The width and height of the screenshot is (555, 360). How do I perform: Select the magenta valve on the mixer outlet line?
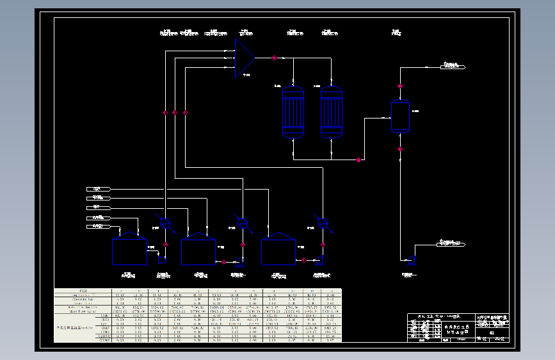coord(274,58)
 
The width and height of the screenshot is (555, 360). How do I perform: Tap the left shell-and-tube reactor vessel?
coord(293,112)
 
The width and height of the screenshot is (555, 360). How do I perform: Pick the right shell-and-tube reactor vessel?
coord(332,112)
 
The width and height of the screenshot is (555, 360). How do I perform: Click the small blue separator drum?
coord(400,116)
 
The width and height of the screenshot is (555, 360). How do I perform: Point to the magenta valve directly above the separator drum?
coord(400,86)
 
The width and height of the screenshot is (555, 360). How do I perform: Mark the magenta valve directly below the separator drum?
coord(400,149)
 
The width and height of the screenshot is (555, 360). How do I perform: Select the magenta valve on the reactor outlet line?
coord(358,160)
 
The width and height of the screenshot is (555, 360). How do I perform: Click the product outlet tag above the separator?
coord(453,66)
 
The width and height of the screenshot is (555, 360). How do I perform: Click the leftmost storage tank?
coord(129,249)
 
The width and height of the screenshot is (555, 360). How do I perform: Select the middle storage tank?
coord(198,249)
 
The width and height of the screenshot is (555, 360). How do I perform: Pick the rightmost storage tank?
coord(278,249)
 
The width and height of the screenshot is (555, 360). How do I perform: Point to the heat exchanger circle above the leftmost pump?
coord(165,224)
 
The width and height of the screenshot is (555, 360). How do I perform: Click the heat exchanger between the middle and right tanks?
coord(243,222)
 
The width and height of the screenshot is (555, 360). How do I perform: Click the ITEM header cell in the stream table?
coord(83,290)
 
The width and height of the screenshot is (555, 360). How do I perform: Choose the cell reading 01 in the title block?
coord(491,332)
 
